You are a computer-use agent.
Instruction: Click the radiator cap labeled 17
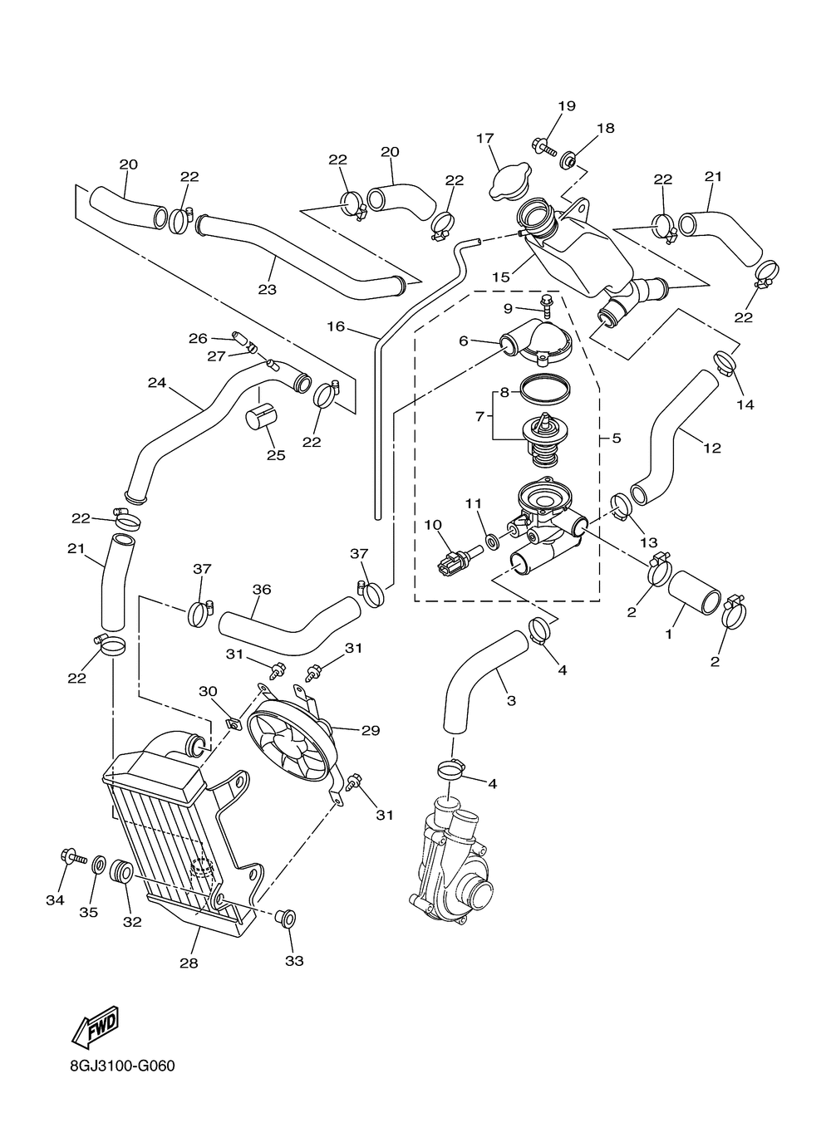click(x=509, y=183)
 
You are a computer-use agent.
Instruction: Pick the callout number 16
click(x=336, y=326)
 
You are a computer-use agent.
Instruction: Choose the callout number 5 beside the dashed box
click(x=617, y=438)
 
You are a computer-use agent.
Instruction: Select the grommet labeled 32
click(x=122, y=870)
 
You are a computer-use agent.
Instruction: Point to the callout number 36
click(x=261, y=590)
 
